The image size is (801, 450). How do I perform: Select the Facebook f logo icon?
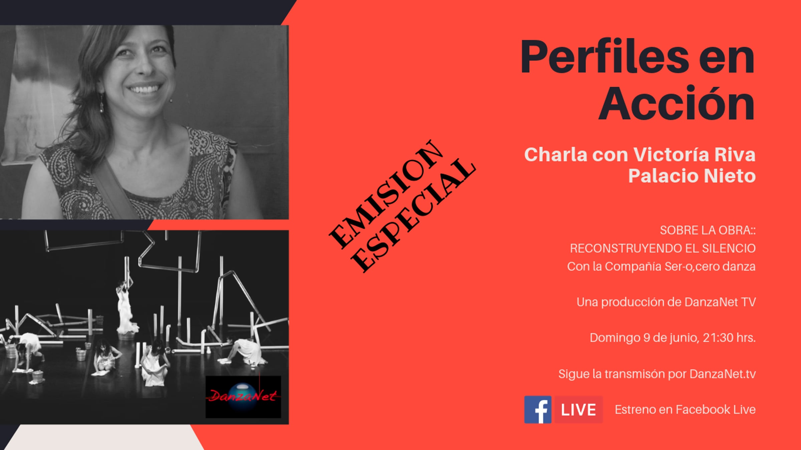coord(538,410)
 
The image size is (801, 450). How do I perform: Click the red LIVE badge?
coord(579,410)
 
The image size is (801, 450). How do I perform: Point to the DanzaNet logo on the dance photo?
coord(243,397)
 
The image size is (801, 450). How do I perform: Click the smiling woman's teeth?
coord(144,89)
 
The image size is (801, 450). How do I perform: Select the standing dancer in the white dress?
coord(125,307)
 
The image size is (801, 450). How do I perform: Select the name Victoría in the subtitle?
coord(671,155)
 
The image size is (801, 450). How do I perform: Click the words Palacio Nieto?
coord(692,176)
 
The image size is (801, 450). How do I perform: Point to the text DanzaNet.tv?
coord(723,374)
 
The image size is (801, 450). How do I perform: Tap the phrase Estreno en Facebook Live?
coord(685,410)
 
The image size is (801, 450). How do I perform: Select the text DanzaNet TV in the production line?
coord(720,302)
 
